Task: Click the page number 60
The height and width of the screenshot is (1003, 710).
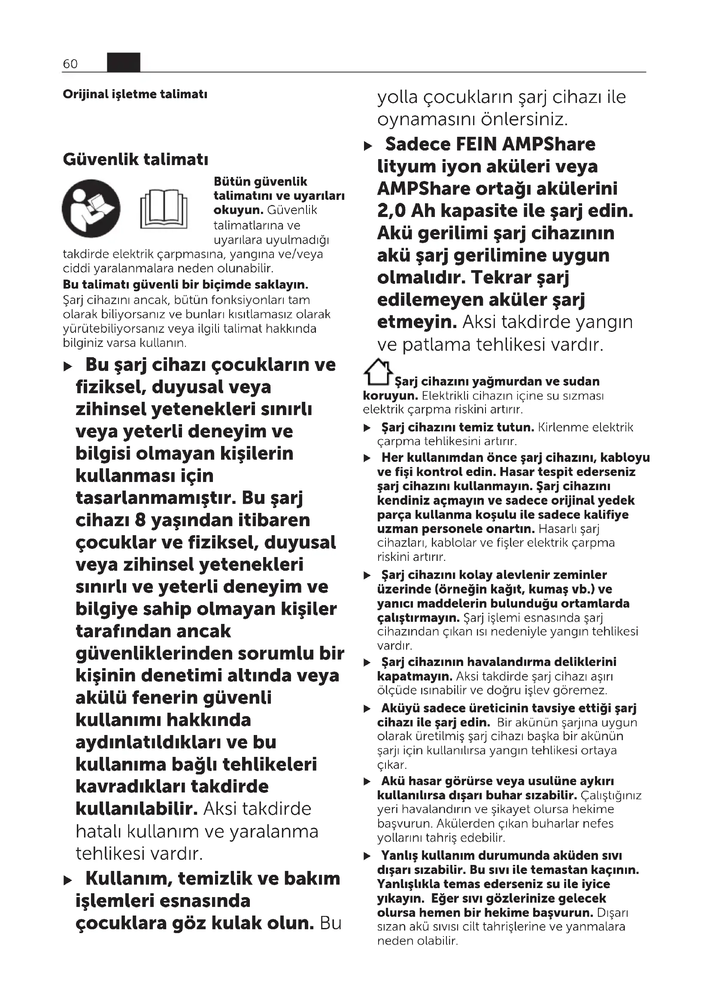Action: [x=70, y=64]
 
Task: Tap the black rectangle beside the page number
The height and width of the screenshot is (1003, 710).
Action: [x=124, y=62]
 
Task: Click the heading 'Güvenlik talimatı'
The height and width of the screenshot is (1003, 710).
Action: [x=136, y=160]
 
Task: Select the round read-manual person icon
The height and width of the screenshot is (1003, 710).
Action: [x=91, y=208]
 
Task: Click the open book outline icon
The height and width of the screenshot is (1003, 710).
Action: [x=164, y=209]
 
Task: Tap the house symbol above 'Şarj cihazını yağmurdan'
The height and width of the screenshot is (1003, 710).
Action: [x=377, y=372]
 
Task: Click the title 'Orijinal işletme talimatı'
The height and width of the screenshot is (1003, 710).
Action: [x=135, y=94]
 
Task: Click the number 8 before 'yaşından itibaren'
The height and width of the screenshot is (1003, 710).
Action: [x=140, y=520]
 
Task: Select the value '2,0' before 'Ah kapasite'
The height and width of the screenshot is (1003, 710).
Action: [x=391, y=211]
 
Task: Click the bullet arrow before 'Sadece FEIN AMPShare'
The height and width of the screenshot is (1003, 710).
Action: [x=368, y=146]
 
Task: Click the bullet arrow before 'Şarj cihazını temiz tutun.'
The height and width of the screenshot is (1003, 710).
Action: [x=368, y=428]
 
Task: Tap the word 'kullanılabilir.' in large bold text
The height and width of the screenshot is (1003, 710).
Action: [x=137, y=809]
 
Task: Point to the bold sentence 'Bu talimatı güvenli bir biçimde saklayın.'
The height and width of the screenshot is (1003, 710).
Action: [x=185, y=285]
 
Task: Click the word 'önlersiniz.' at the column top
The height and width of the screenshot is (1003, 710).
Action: [x=523, y=119]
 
